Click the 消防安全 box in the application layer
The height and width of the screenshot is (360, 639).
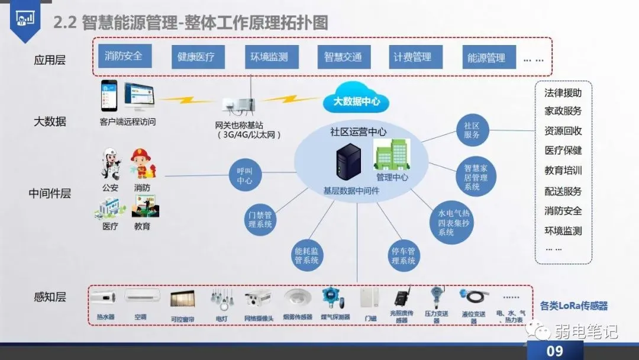click(x=124, y=56)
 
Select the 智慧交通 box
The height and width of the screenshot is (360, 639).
click(x=343, y=57)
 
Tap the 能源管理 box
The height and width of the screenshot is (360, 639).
click(x=486, y=58)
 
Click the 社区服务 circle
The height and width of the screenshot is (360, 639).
click(x=472, y=130)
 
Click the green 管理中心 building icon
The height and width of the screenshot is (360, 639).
click(x=391, y=156)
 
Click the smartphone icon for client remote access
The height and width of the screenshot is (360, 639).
click(x=108, y=96)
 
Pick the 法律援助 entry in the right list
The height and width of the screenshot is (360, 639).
click(x=563, y=93)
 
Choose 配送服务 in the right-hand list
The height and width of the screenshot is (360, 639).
click(x=563, y=191)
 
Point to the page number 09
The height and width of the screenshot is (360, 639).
click(x=554, y=351)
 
